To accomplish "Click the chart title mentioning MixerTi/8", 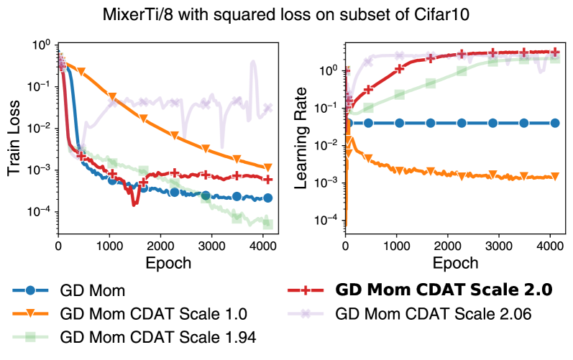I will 286,17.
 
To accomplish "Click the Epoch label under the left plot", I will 166,263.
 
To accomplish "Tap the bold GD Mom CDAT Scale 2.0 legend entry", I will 444,290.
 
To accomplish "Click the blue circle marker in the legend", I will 29,290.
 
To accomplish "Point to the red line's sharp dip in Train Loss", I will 134,204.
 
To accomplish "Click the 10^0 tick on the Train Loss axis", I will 42,45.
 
